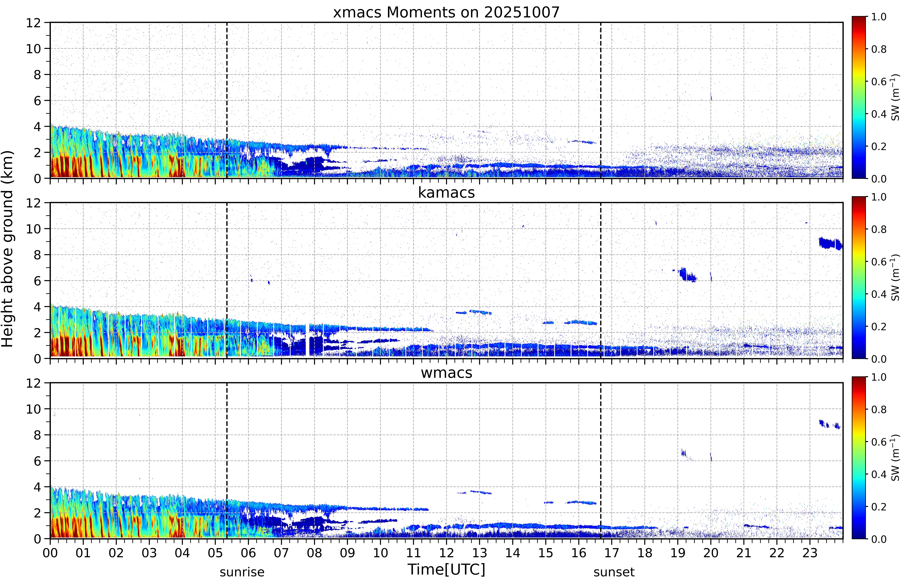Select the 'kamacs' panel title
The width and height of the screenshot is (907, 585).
[446, 193]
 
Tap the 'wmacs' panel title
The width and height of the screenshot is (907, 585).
[446, 373]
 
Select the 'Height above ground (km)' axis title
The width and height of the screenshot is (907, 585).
[8, 249]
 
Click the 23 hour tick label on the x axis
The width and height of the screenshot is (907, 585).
[810, 553]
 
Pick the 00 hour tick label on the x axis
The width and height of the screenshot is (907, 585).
[50, 553]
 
